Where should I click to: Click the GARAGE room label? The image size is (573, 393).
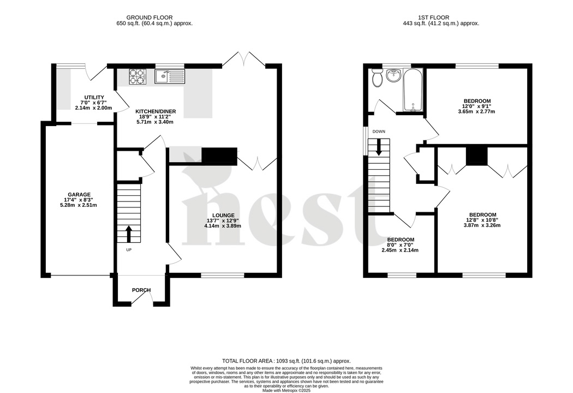[x=79, y=194]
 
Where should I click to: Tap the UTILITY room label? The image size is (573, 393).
[x=94, y=97]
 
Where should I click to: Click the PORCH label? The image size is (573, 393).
[x=141, y=290]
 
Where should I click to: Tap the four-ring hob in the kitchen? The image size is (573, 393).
[x=138, y=76]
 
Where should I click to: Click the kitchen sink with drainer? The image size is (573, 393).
[x=170, y=76]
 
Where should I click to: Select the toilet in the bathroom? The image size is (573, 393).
[x=377, y=80]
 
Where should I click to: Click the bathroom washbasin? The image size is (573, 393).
[x=393, y=76]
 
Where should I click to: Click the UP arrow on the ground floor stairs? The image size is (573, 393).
[x=129, y=234]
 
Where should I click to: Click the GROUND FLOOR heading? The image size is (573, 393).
[x=154, y=17]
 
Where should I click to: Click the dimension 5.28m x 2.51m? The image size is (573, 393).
[x=79, y=205]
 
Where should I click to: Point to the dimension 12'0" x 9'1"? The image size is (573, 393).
[x=477, y=106]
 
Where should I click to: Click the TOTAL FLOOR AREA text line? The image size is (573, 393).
[x=286, y=361]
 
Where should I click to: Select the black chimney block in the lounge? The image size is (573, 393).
[x=219, y=156]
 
